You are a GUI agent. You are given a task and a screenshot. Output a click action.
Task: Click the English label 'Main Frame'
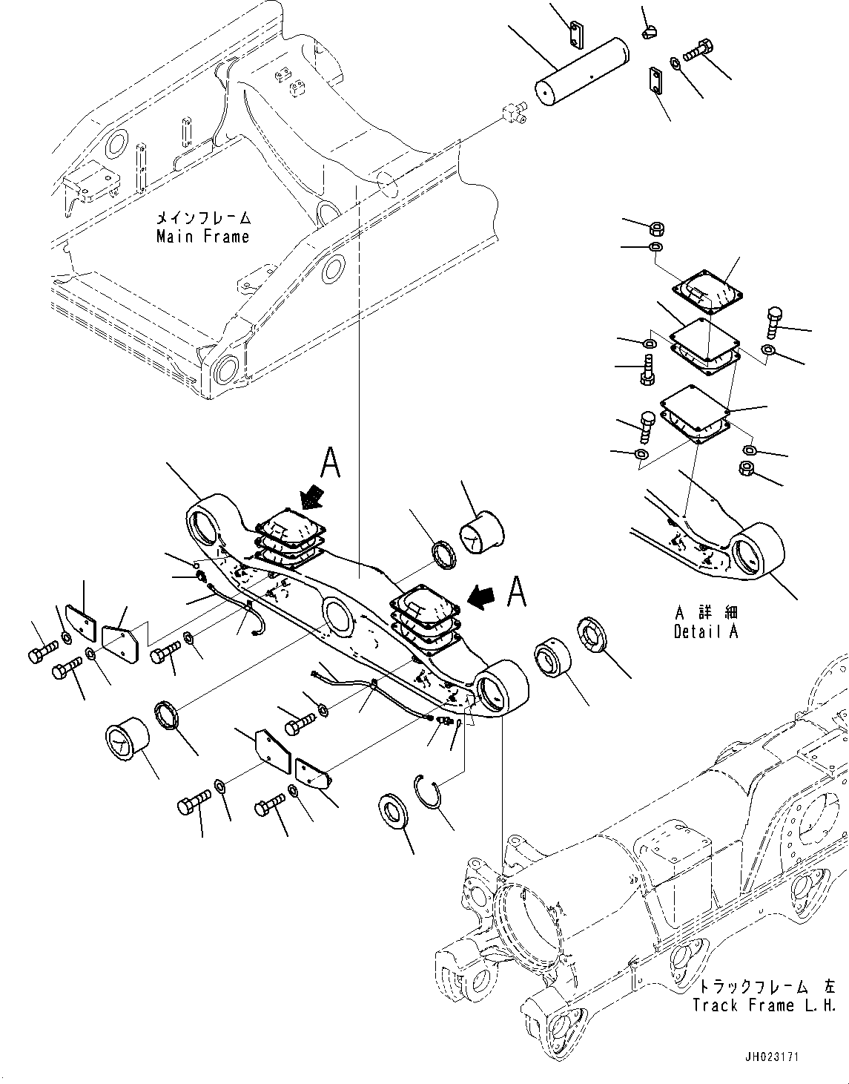(202, 237)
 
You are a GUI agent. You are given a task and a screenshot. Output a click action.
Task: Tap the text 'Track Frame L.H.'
(764, 1005)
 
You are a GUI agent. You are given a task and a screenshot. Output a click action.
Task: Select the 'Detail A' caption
(706, 632)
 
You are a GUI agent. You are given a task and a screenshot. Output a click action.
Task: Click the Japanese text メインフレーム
(202, 219)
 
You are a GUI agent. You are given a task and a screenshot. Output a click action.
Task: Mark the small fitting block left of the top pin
(512, 113)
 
